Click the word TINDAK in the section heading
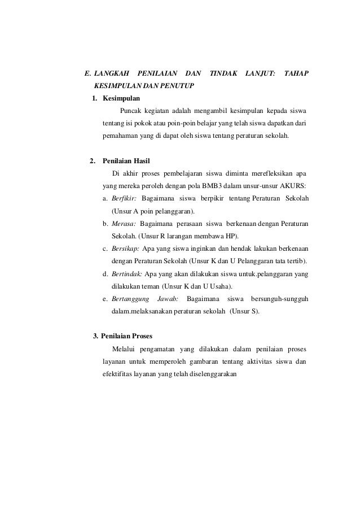[x=222, y=73]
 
